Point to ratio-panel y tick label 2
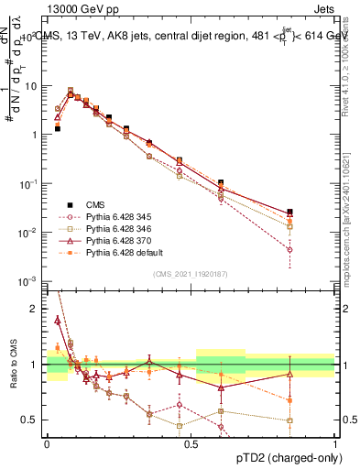tap(38, 309)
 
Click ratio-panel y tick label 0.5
tap(34, 420)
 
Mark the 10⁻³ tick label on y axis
tap(30, 281)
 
